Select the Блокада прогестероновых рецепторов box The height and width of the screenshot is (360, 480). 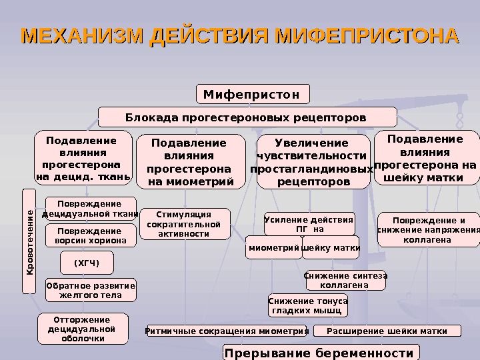tap(245, 117)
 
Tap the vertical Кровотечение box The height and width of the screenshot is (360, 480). tap(30, 241)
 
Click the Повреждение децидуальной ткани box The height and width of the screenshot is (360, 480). tap(90, 209)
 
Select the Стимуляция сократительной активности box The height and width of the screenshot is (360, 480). tap(183, 224)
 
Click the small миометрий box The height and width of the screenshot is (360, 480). tap(273, 247)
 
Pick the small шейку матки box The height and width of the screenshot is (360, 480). tap(331, 247)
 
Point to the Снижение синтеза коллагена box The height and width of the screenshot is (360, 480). tap(345, 280)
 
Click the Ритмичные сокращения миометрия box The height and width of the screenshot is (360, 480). tap(227, 331)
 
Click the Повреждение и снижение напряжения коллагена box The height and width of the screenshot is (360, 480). tap(429, 229)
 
